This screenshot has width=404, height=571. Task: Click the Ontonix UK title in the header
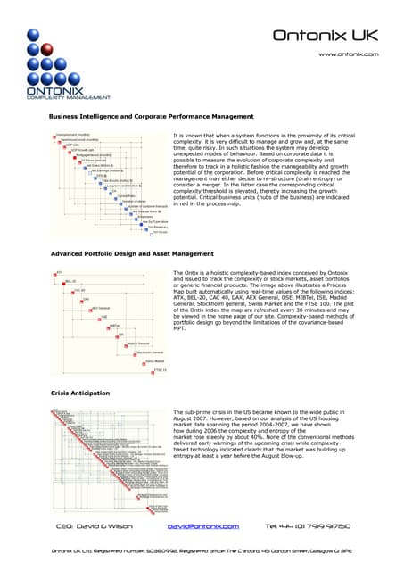(x=325, y=36)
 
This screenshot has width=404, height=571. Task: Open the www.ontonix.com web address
(x=349, y=54)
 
